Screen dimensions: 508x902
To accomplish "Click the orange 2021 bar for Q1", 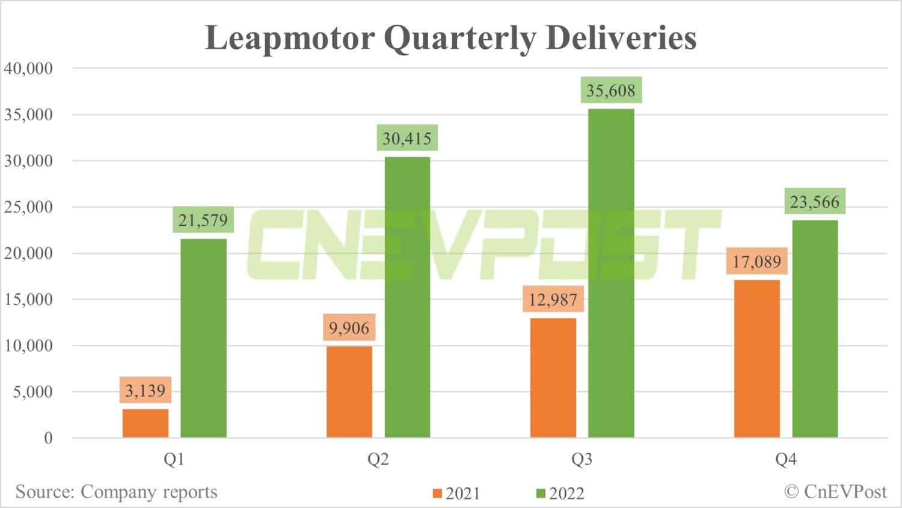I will click(146, 423).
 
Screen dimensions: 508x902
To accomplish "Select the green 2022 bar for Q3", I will click(611, 273).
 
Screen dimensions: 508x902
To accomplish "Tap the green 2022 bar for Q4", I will click(815, 329).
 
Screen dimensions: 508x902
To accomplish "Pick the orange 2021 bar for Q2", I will click(349, 392).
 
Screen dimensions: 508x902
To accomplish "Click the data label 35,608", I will click(611, 90).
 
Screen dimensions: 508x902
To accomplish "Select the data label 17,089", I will click(756, 261).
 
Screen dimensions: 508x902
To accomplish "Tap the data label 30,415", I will click(407, 138).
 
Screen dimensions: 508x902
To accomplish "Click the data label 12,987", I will click(553, 299).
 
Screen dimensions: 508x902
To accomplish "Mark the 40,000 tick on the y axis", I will click(28, 68).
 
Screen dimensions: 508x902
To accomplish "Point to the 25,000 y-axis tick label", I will click(28, 207).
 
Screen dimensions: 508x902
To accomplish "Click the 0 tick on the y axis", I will click(48, 438).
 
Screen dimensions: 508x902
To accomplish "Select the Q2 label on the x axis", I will click(378, 460).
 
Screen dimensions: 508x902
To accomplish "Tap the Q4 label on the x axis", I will click(785, 460).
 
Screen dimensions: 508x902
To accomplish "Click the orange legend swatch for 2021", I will click(437, 494).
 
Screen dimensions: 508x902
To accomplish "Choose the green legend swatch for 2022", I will click(541, 494).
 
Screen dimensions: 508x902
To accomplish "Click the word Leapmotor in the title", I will click(290, 38).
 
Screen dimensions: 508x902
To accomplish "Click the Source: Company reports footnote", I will click(116, 492).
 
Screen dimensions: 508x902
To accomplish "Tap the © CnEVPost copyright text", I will click(835, 492).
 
